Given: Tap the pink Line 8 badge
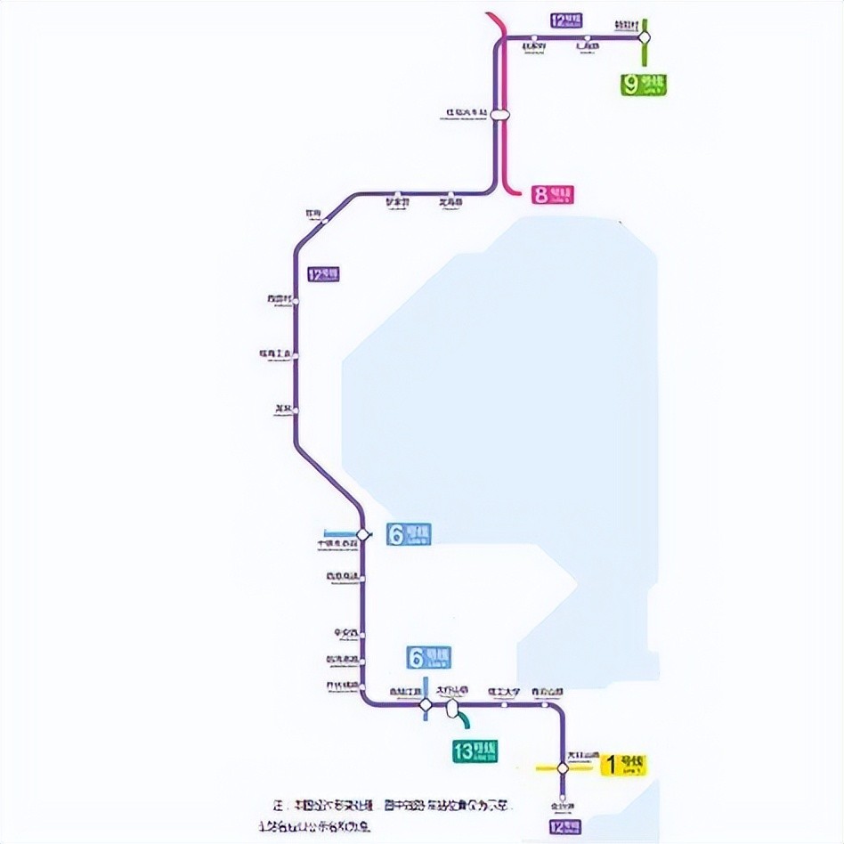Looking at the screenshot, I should point(553,194).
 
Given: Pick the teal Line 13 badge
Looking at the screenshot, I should point(475,751).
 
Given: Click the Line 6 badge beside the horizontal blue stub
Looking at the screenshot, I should point(409,534).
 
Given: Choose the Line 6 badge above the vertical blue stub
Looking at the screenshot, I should point(428,657).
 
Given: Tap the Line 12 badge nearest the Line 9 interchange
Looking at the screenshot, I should point(566,20).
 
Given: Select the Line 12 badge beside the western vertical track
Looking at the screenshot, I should point(323,274).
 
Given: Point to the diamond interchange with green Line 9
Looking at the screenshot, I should point(645,37).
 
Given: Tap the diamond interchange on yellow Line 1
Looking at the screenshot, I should point(563,767).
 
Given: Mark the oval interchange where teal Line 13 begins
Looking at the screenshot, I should point(452,707).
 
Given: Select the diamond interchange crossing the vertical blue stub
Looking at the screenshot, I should point(426,705).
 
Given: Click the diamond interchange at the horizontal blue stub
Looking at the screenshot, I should point(361,534).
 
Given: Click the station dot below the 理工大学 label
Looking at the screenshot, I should point(504,705).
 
